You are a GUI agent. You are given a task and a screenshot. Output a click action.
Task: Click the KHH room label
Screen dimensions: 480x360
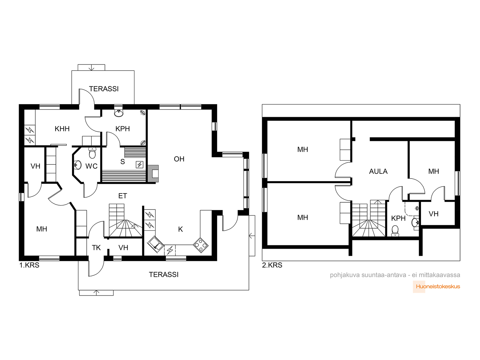pyautogui.click(x=62, y=129)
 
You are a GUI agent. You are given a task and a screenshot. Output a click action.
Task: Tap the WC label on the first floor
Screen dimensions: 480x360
pyautogui.click(x=91, y=166)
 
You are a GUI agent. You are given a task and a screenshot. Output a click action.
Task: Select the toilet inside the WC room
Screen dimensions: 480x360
pyautogui.click(x=92, y=153)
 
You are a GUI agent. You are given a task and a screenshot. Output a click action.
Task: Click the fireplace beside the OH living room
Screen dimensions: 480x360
pyautogui.click(x=153, y=173)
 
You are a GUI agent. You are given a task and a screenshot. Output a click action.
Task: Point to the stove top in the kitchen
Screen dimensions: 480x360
pyautogui.click(x=200, y=245)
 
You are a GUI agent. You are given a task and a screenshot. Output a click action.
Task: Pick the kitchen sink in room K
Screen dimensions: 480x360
pyautogui.click(x=155, y=244)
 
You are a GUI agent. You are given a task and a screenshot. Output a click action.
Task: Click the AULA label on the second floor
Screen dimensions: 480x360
pyautogui.click(x=378, y=171)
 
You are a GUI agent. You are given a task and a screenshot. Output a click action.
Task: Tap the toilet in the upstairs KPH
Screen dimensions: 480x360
pyautogui.click(x=395, y=231)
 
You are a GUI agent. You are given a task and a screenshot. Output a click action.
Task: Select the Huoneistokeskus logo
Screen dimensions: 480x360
pyautogui.click(x=438, y=286)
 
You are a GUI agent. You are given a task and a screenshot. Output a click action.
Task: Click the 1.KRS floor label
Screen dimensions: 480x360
pyautogui.click(x=29, y=265)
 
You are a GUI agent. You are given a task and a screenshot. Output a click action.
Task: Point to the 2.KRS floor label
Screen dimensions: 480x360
pyautogui.click(x=272, y=265)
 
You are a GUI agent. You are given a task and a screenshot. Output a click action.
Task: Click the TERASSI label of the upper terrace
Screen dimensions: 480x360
pyautogui.click(x=104, y=89)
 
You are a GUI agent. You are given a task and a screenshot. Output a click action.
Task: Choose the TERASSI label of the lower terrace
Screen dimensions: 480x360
pyautogui.click(x=163, y=274)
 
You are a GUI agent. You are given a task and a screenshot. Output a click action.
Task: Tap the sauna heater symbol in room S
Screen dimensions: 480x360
pyautogui.click(x=139, y=164)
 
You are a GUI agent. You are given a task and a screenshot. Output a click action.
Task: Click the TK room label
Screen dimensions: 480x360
pyautogui.click(x=96, y=248)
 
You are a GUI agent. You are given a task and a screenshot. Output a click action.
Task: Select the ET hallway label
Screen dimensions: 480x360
pyautogui.click(x=122, y=196)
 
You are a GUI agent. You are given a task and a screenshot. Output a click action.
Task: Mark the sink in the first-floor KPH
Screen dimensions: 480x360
pyautogui.click(x=119, y=113)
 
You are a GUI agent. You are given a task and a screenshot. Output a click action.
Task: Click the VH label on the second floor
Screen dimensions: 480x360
pyautogui.click(x=433, y=214)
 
